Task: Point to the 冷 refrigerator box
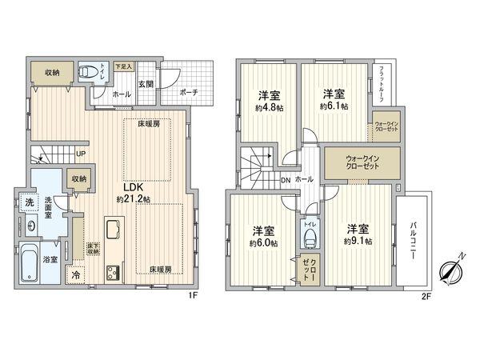point(75,275)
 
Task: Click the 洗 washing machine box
point(27,201)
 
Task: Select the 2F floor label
point(426,294)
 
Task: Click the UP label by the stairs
point(81,154)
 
